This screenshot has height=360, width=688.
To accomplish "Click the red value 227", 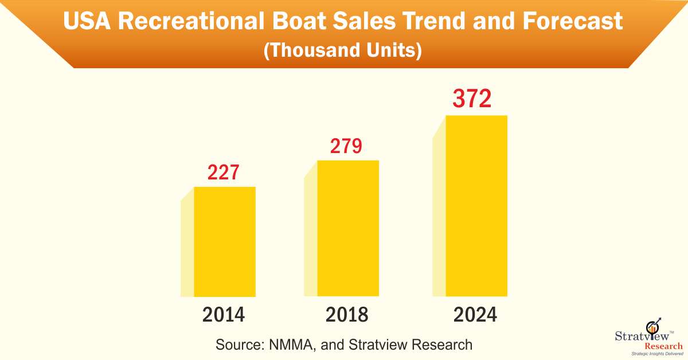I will [x=223, y=173].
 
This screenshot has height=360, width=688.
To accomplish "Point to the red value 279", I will [x=346, y=146].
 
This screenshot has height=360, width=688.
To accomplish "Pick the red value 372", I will [x=472, y=100].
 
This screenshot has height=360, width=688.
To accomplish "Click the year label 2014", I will [x=223, y=315].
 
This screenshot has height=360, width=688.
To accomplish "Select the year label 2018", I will [x=347, y=315].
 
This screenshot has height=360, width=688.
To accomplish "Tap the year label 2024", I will [x=475, y=315].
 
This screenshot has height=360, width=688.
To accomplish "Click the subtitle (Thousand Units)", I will [x=343, y=50].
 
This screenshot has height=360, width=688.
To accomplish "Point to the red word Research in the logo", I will [x=663, y=346].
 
